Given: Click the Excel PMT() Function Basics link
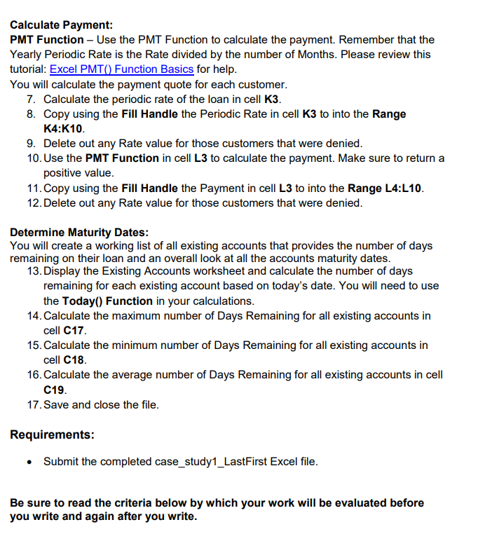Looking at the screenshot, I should (121, 69).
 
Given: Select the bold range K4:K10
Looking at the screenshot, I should (64, 129).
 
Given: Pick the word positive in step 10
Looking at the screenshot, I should (64, 172).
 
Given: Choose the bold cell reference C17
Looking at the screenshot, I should (74, 330).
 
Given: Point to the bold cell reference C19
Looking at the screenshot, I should (55, 390).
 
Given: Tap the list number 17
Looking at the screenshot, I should (34, 404).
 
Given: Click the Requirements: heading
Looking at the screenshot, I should (52, 434).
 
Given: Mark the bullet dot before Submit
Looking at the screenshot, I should (28, 462).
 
